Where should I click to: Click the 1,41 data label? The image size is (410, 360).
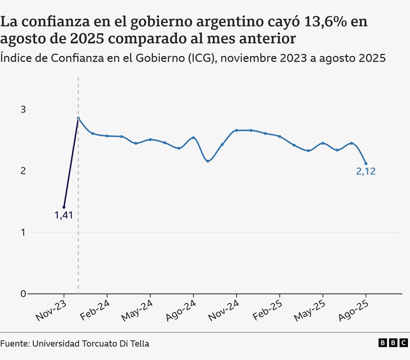[x=64, y=214]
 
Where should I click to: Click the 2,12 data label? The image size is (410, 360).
[x=366, y=171]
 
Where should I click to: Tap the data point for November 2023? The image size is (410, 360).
[x=64, y=207]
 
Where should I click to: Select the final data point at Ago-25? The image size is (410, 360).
[x=366, y=163]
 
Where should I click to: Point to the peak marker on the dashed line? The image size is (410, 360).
[x=78, y=118]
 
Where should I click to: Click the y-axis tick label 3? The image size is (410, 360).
[x=23, y=109]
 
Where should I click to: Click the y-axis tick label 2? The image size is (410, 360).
[x=23, y=171]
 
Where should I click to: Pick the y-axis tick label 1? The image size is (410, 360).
[x=23, y=232]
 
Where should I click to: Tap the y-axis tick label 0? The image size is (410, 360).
[x=23, y=294]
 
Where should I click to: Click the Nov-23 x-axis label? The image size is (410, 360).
[x=52, y=310]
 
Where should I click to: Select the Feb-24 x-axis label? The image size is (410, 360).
[x=95, y=310]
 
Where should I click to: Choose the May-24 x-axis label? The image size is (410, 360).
[x=137, y=310]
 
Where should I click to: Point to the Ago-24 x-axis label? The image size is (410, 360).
[x=181, y=310]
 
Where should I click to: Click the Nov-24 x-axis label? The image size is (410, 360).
[x=224, y=310]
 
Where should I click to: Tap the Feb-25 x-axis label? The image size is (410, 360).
[x=267, y=310]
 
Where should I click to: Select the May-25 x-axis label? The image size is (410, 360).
[x=310, y=310]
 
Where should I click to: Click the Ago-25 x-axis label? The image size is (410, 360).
[x=353, y=310]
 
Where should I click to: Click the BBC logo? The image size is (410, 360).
[x=393, y=343]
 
